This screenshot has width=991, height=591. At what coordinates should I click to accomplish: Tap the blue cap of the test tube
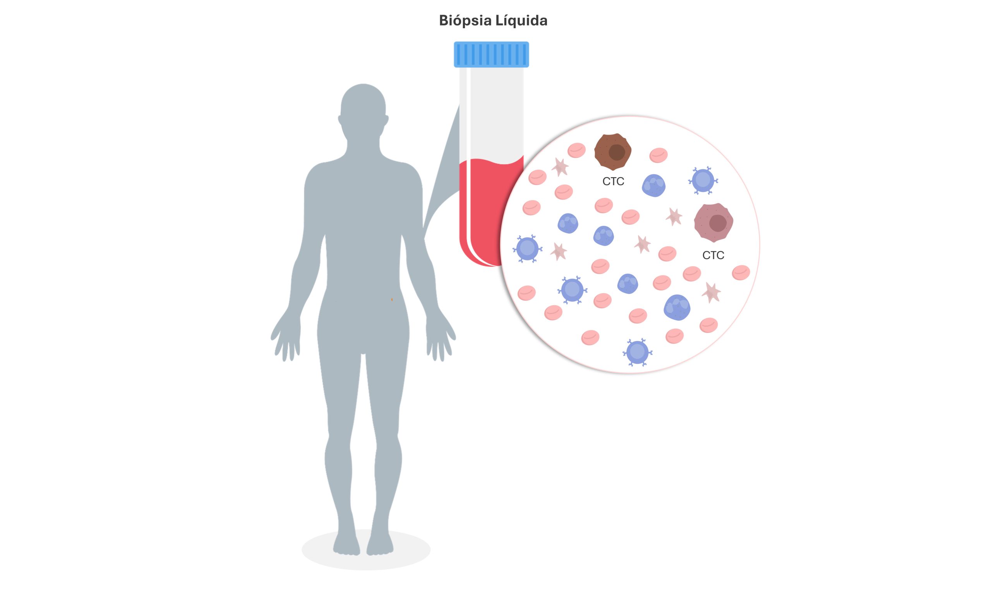(x=491, y=55)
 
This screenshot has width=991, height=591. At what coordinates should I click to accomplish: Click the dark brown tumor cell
(x=612, y=152)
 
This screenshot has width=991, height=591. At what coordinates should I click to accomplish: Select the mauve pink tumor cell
(x=713, y=223)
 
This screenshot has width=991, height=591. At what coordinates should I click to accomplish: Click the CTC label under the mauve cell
(x=713, y=255)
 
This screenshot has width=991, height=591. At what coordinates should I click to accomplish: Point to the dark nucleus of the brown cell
(x=617, y=152)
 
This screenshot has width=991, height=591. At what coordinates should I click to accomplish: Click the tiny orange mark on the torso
(x=392, y=299)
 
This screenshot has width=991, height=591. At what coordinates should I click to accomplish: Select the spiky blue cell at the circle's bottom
(x=637, y=352)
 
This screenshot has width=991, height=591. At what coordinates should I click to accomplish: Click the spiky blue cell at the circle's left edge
(x=527, y=249)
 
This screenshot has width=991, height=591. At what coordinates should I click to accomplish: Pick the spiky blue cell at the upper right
(x=703, y=180)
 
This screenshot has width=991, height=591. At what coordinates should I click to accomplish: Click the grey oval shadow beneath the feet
(x=366, y=550)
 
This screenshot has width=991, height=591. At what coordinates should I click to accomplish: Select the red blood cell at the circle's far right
(x=741, y=273)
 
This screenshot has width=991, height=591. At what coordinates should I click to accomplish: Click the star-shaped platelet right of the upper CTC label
(x=674, y=217)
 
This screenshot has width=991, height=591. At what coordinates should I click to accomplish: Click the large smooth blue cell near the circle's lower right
(x=677, y=307)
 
